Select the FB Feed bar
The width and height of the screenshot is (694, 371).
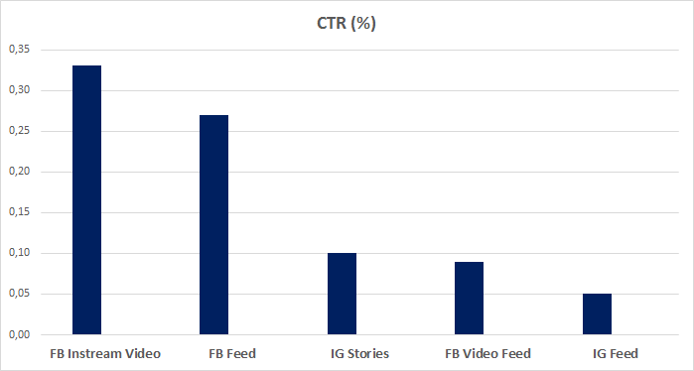pyautogui.click(x=213, y=225)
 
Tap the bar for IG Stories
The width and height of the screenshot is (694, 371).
pyautogui.click(x=342, y=294)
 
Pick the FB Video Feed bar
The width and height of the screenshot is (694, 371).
pyautogui.click(x=469, y=299)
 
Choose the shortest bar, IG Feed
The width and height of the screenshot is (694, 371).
pyautogui.click(x=597, y=314)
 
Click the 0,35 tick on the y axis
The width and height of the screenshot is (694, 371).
pyautogui.click(x=19, y=50)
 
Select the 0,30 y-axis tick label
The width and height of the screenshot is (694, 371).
pyautogui.click(x=19, y=90)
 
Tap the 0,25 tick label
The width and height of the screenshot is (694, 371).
pyautogui.click(x=19, y=131)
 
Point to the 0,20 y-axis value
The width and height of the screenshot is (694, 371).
pyautogui.click(x=19, y=172)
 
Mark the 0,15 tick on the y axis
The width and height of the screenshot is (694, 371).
pyautogui.click(x=19, y=212)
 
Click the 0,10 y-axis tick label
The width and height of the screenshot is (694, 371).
pyautogui.click(x=19, y=253)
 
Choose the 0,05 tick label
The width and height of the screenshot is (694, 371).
pyautogui.click(x=19, y=294)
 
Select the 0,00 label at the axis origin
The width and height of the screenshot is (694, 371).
pyautogui.click(x=19, y=334)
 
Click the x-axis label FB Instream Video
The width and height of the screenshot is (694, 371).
pyautogui.click(x=104, y=353)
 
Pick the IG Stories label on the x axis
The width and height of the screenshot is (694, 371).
pyautogui.click(x=359, y=353)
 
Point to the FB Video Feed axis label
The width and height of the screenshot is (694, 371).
pyautogui.click(x=486, y=353)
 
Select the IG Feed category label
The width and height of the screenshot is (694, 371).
pyautogui.click(x=615, y=353)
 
